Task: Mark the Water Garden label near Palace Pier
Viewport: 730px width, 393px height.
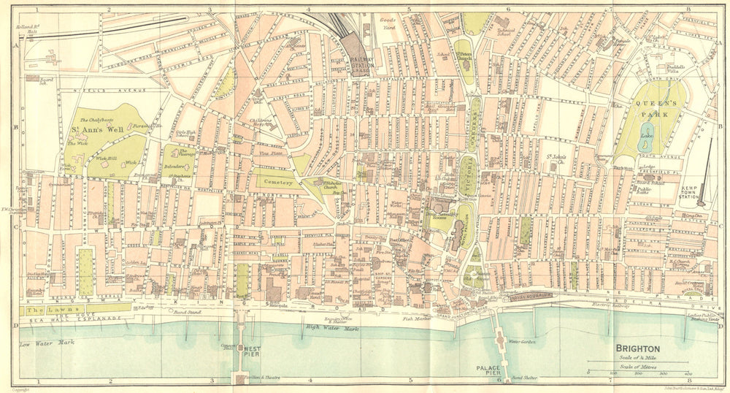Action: tap(523, 341)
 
